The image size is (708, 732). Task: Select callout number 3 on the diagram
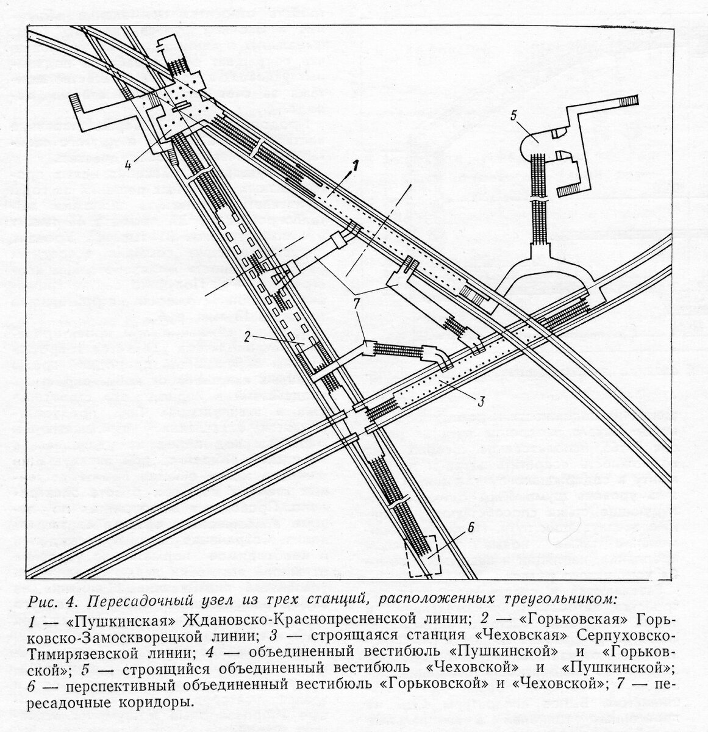point(481,401)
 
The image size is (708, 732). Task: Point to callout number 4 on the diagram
point(126,148)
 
